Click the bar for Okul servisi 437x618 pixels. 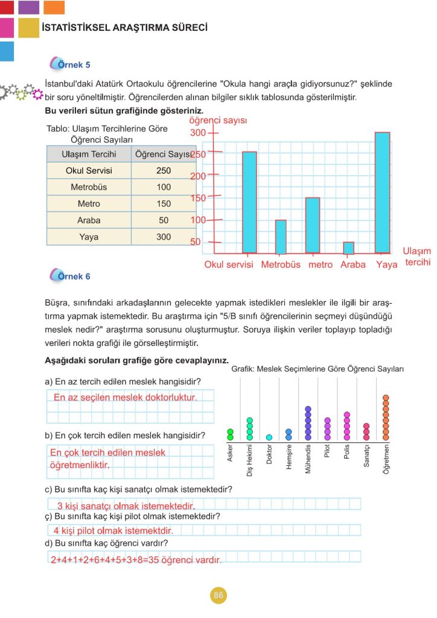tap(249, 202)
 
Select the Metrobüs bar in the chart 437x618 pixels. tap(281, 237)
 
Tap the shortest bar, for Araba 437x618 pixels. tap(348, 247)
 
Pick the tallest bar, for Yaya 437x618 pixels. tap(382, 192)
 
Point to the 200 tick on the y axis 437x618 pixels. tap(199, 176)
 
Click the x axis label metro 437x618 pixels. tap(321, 264)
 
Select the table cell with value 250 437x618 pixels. tap(164, 171)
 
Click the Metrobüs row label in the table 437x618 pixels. tap(89, 187)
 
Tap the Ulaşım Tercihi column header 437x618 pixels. tap(89, 154)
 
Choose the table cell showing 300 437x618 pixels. tap(164, 237)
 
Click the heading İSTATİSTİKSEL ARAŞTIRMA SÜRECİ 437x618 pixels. tap(125, 28)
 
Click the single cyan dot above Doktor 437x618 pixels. tap(269, 438)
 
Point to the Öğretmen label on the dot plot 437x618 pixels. tap(386, 459)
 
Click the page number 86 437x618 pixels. tap(218, 596)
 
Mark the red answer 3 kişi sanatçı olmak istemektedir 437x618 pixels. tap(126, 506)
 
